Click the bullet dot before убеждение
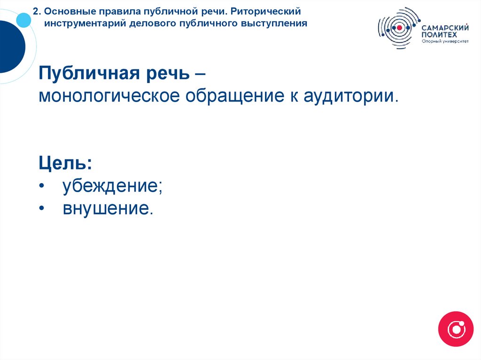coord(42,187)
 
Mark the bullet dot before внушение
coord(42,208)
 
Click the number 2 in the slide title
coord(35,10)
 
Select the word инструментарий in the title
coord(85,23)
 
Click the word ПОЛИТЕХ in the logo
coord(435,35)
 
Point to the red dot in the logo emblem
coord(399,28)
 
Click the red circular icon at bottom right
coord(455,329)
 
